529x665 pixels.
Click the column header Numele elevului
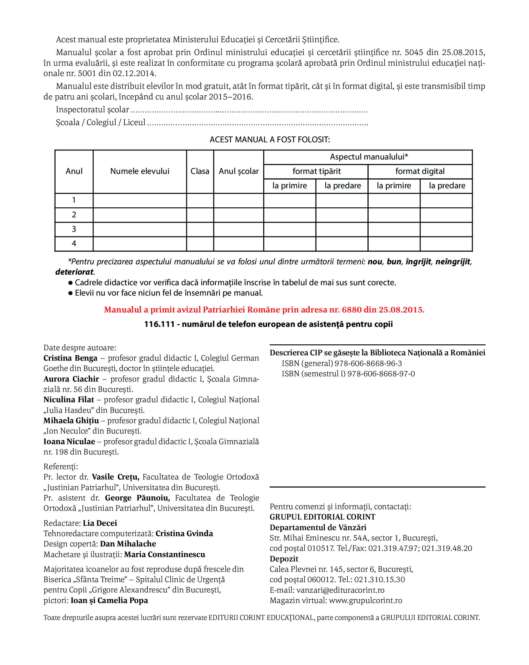coord(140,171)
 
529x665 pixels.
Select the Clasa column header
coord(200,171)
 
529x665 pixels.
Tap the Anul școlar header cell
coord(239,171)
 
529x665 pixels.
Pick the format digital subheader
coord(420,171)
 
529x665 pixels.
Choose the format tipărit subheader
coord(317,171)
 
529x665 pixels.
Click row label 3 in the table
coord(74,229)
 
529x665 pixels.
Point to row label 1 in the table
coord(74,200)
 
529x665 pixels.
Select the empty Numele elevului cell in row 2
coord(140,215)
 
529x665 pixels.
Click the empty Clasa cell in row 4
coord(200,244)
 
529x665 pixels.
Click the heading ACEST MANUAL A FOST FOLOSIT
coord(270,140)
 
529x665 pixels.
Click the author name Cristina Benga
coord(70,358)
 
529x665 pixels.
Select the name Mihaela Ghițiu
coord(71,421)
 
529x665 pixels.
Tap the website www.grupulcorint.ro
coord(366,601)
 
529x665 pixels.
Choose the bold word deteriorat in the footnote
coord(74,272)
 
